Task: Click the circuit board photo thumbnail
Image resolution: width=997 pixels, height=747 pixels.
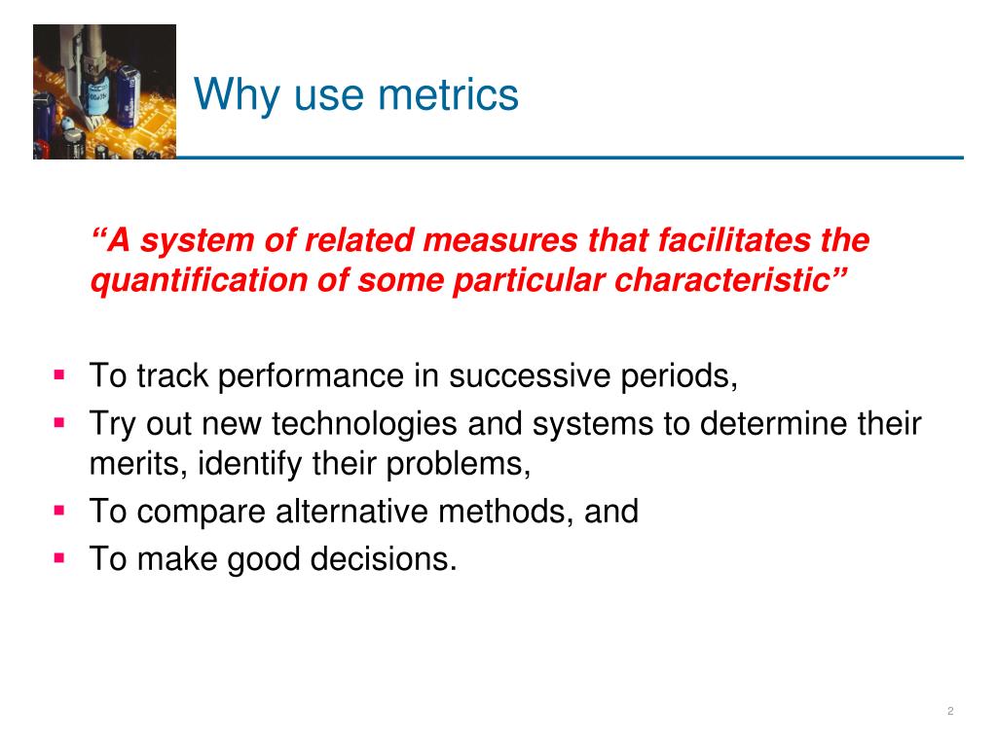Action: [x=104, y=91]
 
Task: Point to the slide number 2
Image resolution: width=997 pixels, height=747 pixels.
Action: [x=949, y=712]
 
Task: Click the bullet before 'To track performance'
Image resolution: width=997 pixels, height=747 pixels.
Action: [x=59, y=373]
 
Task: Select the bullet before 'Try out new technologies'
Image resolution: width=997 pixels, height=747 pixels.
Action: [x=59, y=423]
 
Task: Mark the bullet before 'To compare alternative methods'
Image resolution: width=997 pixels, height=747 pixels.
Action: [x=59, y=509]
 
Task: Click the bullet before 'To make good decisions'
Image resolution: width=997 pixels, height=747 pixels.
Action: [x=59, y=557]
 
